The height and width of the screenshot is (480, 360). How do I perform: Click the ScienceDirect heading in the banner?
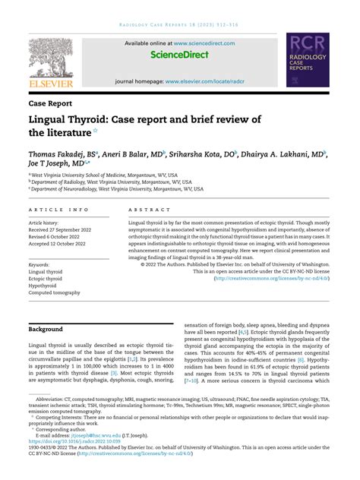coord(179,55)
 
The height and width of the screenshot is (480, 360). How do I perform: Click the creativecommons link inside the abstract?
coord(273,278)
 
